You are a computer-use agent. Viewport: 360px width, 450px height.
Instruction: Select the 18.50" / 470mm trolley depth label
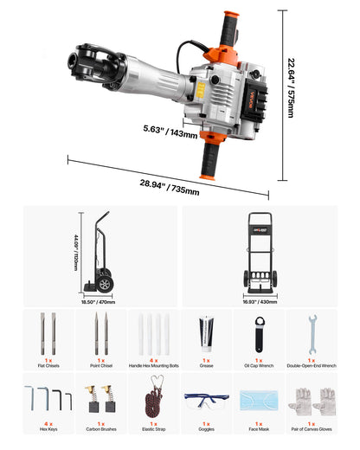pos(105,303)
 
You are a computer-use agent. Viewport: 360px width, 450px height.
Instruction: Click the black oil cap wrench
pos(258,332)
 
